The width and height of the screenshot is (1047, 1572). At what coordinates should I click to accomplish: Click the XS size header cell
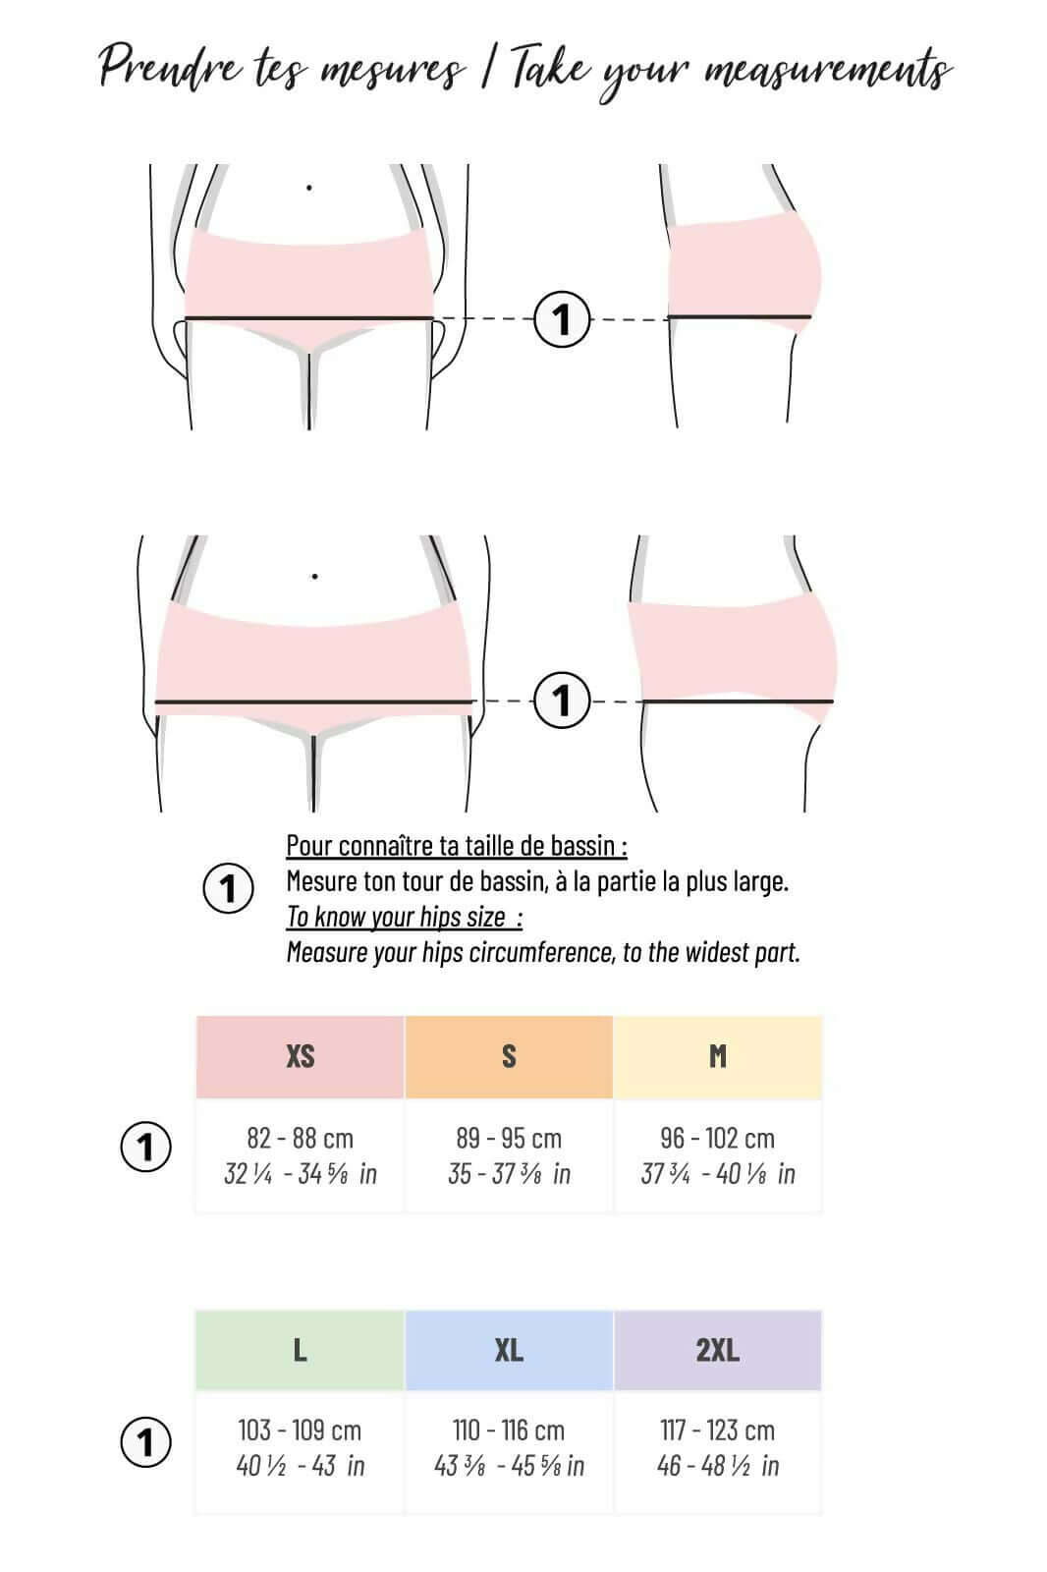point(300,1056)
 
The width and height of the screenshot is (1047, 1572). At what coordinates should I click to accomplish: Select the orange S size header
point(509,1056)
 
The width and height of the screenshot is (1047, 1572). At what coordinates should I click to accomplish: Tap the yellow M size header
point(718,1056)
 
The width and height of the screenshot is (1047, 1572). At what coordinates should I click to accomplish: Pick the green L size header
point(300,1350)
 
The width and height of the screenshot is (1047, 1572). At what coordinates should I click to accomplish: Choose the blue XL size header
point(509,1350)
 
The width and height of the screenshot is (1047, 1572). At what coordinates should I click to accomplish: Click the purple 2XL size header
point(718,1350)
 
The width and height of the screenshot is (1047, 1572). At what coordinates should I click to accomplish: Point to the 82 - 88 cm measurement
point(300,1138)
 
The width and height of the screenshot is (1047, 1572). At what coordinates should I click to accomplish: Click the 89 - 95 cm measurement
point(509,1138)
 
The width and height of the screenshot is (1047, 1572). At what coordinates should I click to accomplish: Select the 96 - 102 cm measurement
point(718,1138)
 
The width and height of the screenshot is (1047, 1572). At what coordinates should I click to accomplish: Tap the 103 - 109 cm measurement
point(300,1430)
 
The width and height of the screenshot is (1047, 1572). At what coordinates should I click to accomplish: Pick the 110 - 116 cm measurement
point(509,1430)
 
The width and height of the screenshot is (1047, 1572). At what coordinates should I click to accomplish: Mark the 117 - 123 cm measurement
point(718,1430)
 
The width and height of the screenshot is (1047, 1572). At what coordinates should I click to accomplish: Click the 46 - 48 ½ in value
point(718,1466)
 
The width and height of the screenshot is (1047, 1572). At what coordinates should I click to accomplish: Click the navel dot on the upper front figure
point(309,187)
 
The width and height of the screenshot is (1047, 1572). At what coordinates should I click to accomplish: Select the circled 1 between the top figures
point(562,319)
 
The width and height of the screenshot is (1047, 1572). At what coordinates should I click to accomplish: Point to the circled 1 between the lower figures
point(562,701)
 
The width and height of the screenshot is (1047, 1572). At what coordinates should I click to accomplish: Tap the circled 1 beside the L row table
point(145,1442)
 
